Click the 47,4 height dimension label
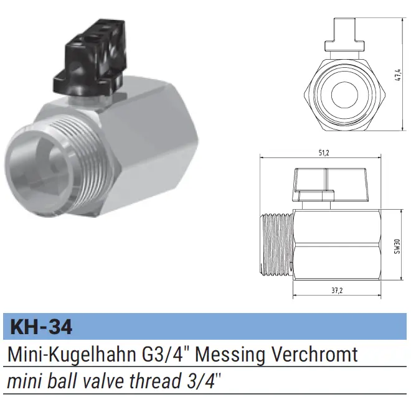398,75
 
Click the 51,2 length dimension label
324,153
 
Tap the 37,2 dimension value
337,291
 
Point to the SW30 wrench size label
397,246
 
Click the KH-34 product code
41,327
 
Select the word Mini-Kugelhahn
72,355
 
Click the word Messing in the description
230,355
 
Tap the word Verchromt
314,354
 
